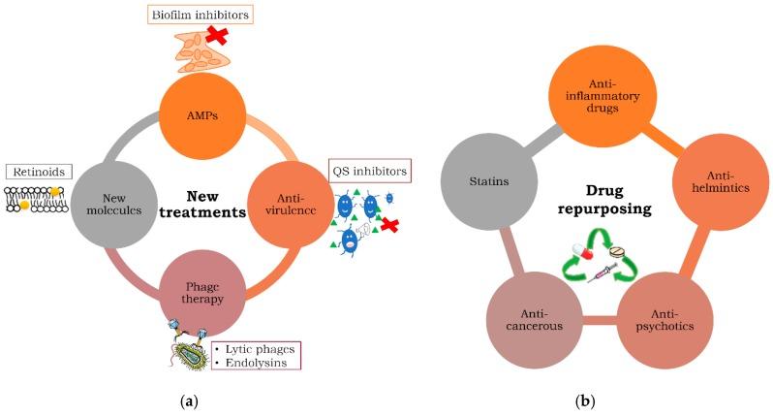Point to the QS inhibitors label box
point(369,172)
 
